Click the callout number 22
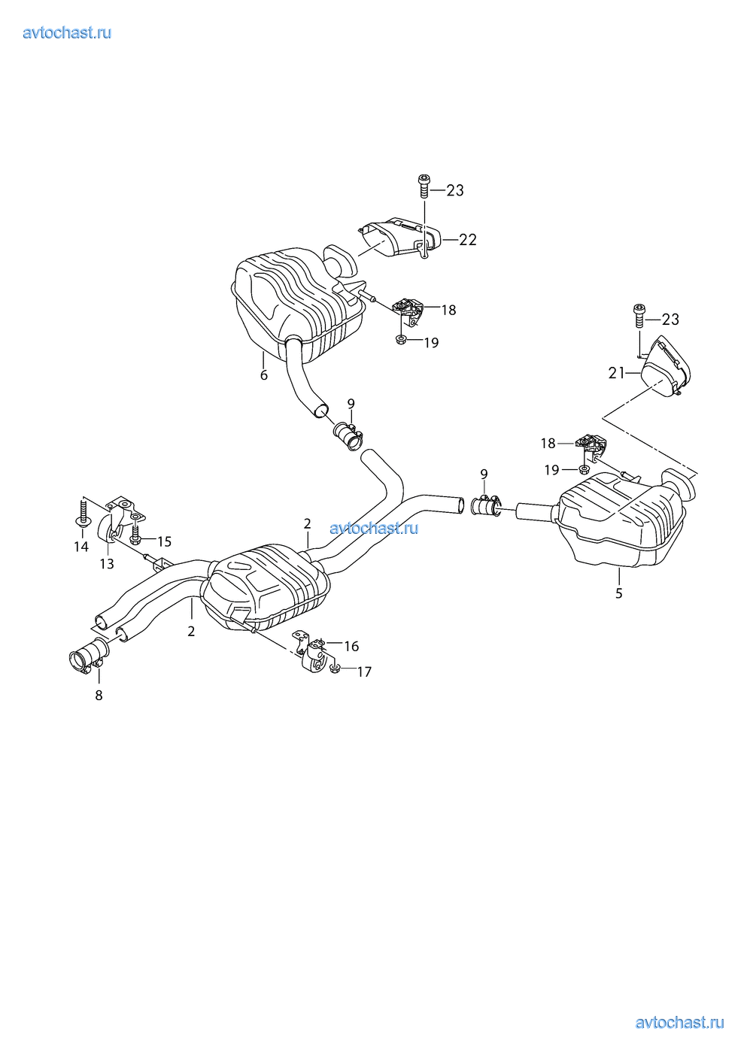point(467,240)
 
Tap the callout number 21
point(616,373)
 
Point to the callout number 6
point(264,375)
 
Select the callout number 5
point(619,593)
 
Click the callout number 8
point(99,695)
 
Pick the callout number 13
point(107,564)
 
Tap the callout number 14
point(81,547)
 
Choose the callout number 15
point(164,541)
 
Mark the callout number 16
point(351,646)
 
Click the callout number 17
point(364,672)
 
